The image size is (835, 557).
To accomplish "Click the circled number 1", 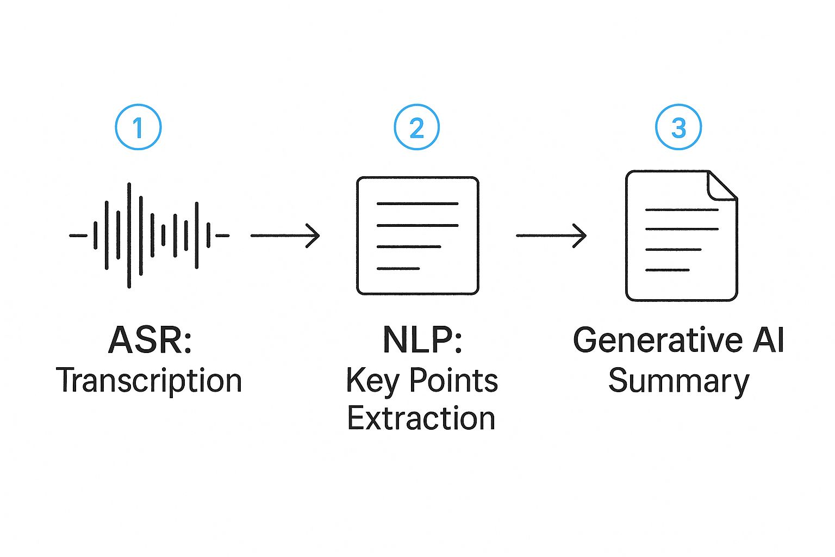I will [x=138, y=127].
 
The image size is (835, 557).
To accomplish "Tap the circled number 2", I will [x=416, y=127].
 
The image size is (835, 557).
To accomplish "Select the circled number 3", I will [x=678, y=127].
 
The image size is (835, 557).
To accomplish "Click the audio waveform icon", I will [x=149, y=235].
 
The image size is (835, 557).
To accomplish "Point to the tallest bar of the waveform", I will [x=129, y=235].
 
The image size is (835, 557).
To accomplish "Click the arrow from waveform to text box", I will [x=285, y=236].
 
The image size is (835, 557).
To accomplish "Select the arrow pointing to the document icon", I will [x=551, y=236].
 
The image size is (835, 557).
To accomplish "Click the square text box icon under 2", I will [x=417, y=236].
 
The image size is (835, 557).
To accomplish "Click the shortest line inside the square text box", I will [x=398, y=268].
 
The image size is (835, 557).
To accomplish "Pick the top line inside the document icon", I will [x=682, y=209].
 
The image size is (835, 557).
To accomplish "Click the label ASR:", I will [x=150, y=340].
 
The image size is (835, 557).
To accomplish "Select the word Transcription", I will [x=149, y=380].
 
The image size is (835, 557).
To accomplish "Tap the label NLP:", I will [x=422, y=340].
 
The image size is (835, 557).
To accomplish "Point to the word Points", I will [x=453, y=380].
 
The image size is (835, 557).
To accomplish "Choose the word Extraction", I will [x=421, y=418].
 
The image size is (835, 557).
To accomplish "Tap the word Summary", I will [x=678, y=380].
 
